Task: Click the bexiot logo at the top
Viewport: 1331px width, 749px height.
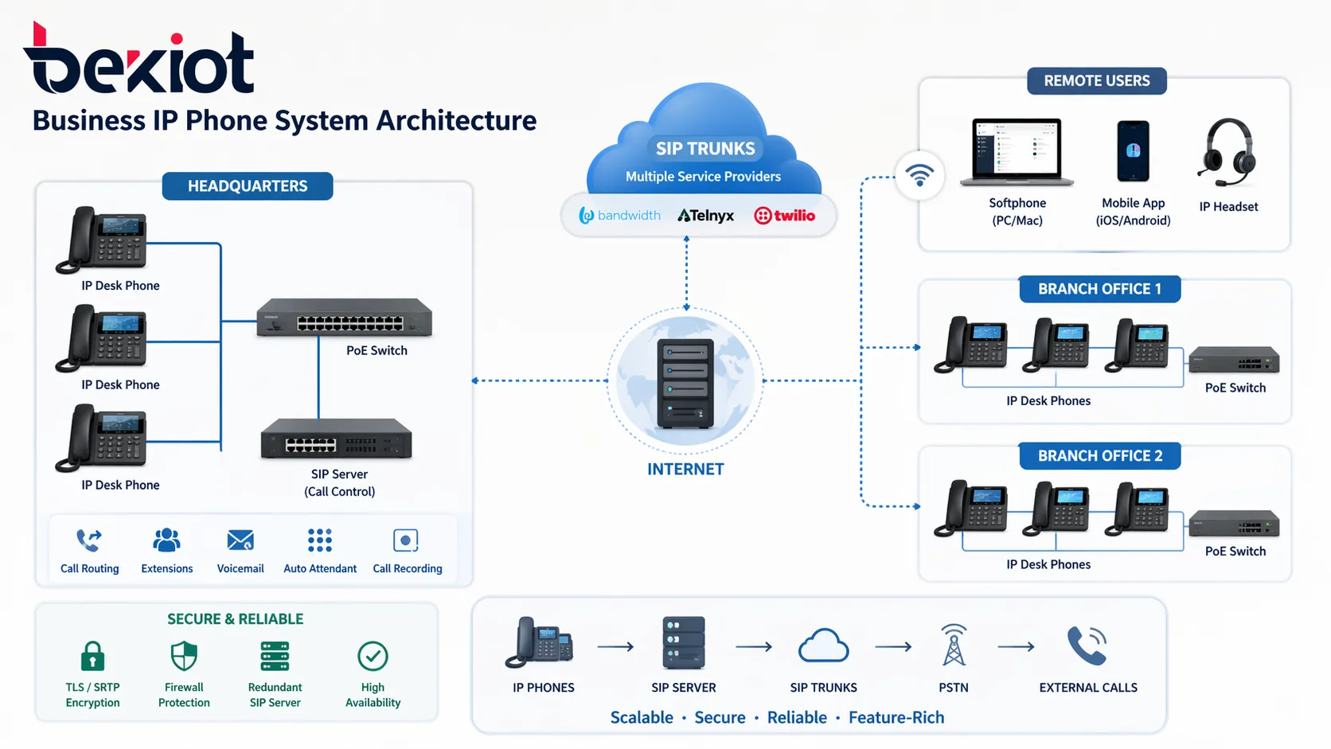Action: [x=139, y=62]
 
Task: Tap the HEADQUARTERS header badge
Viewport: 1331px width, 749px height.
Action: [x=248, y=186]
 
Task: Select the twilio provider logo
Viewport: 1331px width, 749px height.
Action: [x=785, y=216]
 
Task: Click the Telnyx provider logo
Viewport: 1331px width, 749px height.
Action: [x=706, y=216]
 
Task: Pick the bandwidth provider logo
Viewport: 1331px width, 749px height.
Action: [x=620, y=216]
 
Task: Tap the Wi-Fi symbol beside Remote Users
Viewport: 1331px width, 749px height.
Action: [x=919, y=174]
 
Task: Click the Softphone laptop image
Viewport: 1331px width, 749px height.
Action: [x=1017, y=152]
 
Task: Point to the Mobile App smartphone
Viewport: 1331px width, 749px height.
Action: [x=1133, y=151]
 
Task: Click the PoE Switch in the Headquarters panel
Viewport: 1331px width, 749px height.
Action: [x=344, y=318]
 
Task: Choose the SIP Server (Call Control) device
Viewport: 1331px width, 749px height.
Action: [x=337, y=439]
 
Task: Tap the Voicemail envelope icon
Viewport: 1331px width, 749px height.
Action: [x=240, y=540]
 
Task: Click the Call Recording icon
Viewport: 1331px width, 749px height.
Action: [x=406, y=540]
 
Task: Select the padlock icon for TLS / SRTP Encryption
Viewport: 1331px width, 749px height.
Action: [x=92, y=657]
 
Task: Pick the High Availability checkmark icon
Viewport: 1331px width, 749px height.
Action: [x=373, y=657]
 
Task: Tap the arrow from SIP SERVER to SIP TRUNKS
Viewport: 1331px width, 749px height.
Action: [x=754, y=647]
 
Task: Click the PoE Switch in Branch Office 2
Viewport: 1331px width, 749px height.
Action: [x=1234, y=525]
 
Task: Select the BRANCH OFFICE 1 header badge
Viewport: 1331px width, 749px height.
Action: [x=1099, y=289]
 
